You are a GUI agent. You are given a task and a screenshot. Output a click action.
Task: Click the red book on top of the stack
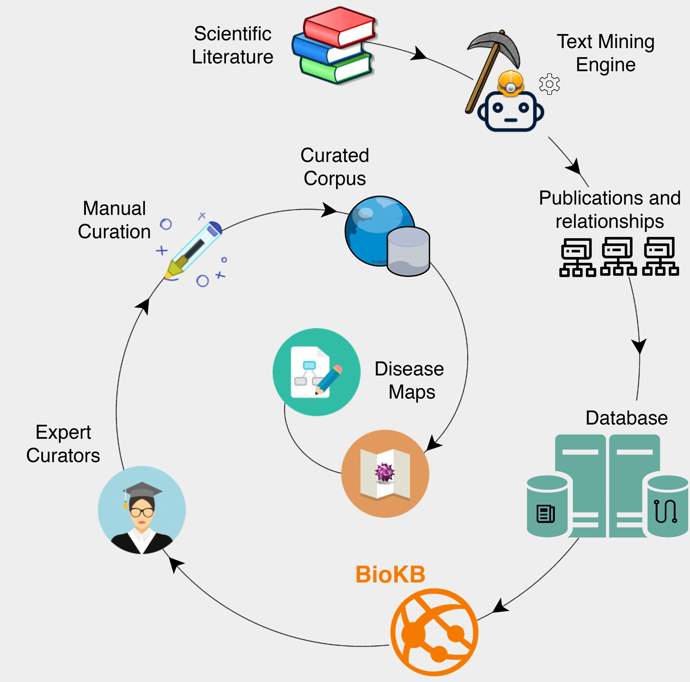click(339, 27)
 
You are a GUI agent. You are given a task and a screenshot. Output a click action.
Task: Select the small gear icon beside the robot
click(549, 84)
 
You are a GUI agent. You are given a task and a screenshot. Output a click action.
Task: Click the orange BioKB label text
click(390, 574)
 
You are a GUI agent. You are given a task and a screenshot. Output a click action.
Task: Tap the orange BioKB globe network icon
click(434, 632)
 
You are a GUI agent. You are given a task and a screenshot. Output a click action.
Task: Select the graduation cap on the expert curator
click(142, 491)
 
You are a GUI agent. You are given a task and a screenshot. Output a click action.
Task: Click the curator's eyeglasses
click(142, 512)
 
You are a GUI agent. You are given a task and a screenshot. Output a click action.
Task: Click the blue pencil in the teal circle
click(328, 380)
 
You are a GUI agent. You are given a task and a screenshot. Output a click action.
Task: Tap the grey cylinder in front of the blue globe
click(408, 251)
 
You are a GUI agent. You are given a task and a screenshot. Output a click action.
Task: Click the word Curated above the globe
click(334, 155)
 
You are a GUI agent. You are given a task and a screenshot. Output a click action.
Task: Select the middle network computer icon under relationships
click(619, 257)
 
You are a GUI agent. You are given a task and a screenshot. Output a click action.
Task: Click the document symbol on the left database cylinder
click(546, 514)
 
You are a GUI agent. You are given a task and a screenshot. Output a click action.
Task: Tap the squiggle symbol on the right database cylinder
click(666, 511)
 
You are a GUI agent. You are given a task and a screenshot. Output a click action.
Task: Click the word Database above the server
click(627, 418)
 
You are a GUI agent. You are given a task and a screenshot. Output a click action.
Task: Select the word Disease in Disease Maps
click(409, 369)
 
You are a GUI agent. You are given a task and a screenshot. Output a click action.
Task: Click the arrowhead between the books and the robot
click(418, 54)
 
